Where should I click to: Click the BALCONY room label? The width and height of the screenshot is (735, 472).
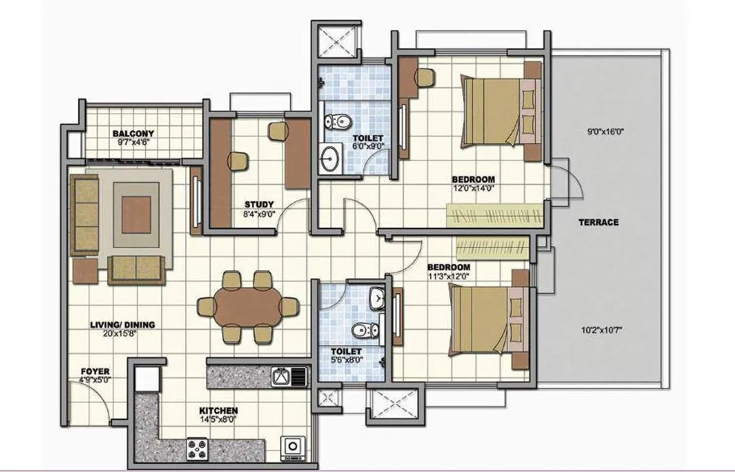point(133,134)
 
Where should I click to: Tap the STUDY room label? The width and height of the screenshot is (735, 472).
point(259,204)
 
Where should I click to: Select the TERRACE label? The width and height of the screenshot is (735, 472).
point(598,222)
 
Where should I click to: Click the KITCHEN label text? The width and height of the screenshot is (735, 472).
point(218,411)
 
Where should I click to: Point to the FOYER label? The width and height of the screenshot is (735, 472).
point(95,372)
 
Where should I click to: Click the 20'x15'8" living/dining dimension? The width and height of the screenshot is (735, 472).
point(123,334)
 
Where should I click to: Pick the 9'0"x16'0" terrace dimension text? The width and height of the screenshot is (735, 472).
point(605,132)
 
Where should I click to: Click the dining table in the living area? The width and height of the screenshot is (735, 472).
point(247,307)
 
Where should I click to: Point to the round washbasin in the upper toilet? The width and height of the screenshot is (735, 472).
point(331,158)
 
